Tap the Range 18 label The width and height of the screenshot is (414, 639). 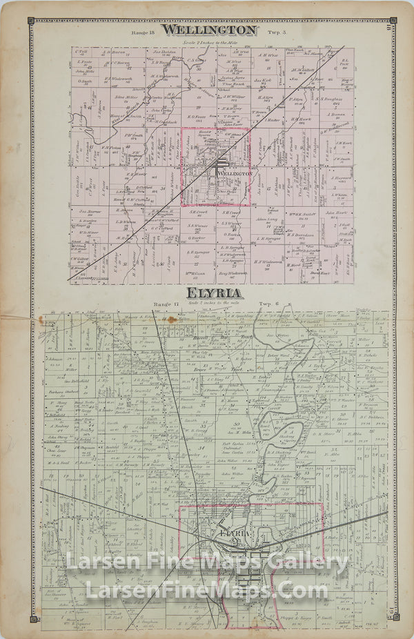pos(141,33)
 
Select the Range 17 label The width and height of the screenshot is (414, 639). pos(166,304)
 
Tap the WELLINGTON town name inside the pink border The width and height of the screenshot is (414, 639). pos(233,174)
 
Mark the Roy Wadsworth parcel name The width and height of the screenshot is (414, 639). pos(231,273)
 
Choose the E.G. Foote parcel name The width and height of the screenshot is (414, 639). pos(194,117)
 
